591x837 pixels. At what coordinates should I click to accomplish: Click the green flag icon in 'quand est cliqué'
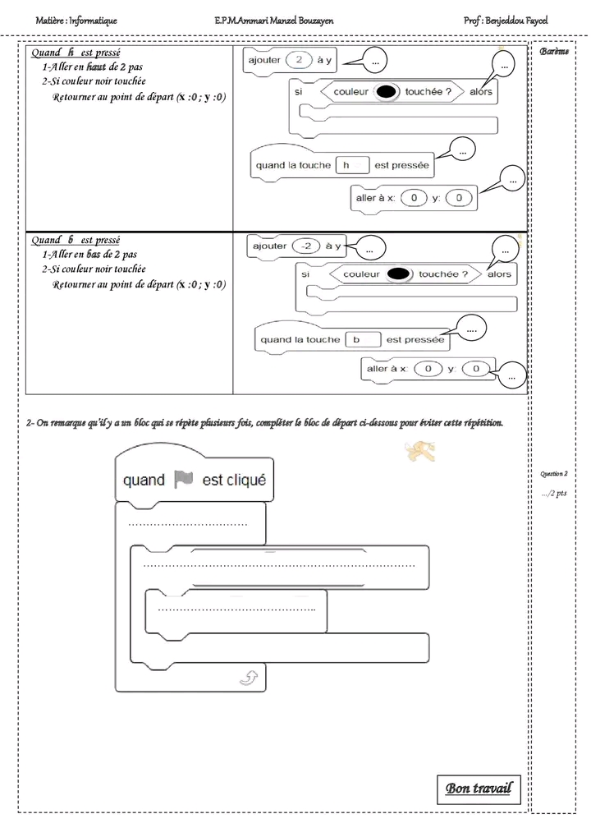(183, 480)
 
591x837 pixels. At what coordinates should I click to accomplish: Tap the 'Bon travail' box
(478, 789)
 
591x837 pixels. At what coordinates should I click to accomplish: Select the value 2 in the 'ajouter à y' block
(300, 59)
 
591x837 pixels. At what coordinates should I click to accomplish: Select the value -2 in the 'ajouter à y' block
(307, 246)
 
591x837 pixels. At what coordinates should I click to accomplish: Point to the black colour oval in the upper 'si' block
(386, 92)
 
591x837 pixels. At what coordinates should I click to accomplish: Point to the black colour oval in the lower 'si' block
(399, 274)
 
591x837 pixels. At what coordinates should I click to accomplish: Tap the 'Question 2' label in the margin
(554, 474)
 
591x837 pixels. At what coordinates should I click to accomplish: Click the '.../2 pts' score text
(554, 494)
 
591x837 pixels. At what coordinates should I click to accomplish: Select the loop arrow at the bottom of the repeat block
(247, 677)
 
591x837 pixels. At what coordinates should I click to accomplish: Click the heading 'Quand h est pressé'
(76, 53)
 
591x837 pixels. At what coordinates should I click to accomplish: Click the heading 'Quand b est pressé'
(76, 240)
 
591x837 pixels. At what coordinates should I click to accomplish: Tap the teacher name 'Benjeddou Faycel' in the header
(516, 20)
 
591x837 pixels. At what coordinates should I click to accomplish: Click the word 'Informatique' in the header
(93, 20)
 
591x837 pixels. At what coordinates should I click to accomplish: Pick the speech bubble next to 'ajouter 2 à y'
(374, 61)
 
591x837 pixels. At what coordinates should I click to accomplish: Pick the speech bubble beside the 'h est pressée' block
(462, 149)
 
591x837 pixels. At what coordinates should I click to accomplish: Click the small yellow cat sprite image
(419, 450)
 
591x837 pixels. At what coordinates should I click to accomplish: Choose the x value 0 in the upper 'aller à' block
(418, 198)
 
